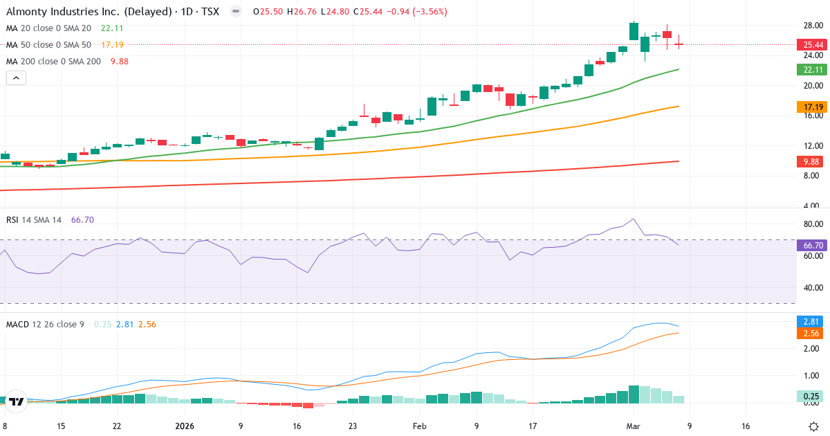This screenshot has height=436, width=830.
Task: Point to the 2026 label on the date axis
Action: click(185, 426)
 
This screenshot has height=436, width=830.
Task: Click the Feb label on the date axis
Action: click(420, 426)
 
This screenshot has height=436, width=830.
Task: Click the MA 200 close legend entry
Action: click(54, 61)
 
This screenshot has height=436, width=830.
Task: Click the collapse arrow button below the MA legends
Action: click(16, 78)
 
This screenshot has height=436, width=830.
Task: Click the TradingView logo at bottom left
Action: click(17, 401)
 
